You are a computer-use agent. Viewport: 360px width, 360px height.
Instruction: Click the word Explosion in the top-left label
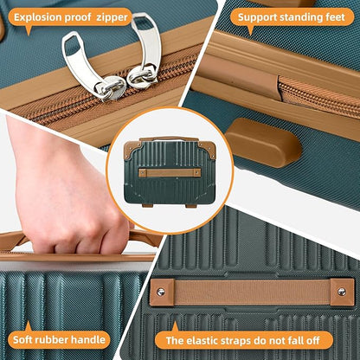point(37,17)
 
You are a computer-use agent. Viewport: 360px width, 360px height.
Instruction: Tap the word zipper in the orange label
point(112,18)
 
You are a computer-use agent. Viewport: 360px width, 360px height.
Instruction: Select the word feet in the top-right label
point(335,17)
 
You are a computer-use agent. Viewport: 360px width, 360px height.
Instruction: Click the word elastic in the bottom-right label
point(202,341)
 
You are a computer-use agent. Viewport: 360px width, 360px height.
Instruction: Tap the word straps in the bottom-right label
point(236,341)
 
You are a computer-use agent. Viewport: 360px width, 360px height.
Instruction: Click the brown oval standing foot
point(263,142)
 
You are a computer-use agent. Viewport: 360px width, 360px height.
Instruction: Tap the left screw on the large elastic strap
point(161,292)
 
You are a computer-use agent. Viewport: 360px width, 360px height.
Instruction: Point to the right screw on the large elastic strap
point(342,292)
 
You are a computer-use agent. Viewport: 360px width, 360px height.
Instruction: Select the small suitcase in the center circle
point(170,172)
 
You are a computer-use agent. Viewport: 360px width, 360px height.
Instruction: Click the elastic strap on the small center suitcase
point(170,173)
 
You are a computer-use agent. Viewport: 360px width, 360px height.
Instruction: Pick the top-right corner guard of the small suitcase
point(207,147)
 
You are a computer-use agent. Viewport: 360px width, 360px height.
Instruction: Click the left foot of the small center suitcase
point(147,206)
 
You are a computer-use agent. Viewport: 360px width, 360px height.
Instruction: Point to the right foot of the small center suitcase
point(190,206)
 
